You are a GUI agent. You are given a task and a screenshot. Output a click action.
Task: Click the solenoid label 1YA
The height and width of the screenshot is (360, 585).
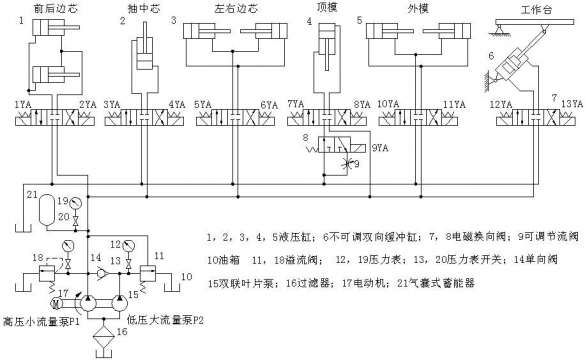pyautogui.click(x=23, y=104)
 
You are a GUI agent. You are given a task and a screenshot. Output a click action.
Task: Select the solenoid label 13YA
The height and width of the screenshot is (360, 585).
pyautogui.click(x=571, y=104)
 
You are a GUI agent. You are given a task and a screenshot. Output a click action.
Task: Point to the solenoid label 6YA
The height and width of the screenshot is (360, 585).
pyautogui.click(x=268, y=104)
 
